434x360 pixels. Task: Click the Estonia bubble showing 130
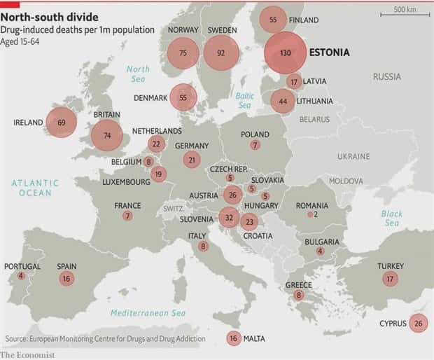286,53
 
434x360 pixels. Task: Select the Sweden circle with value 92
221,53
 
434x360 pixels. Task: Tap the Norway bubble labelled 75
183,53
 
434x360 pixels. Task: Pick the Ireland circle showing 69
62,123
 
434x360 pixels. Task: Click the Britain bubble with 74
106,135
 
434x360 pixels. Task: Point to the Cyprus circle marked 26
418,323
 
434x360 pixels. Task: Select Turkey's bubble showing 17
390,279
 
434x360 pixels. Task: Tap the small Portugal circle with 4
21,276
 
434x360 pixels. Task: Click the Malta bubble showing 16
233,338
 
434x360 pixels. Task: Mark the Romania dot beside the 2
310,215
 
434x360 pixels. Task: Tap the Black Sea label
391,218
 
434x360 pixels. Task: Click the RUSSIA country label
386,76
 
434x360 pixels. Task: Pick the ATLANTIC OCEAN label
35,188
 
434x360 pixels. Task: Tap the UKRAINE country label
353,156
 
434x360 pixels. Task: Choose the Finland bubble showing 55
273,20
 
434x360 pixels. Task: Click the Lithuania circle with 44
283,102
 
